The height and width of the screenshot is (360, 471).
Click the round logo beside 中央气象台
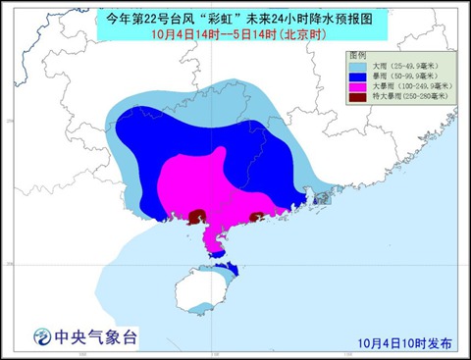(x=38, y=336)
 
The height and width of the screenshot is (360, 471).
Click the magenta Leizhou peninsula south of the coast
(x=207, y=236)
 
